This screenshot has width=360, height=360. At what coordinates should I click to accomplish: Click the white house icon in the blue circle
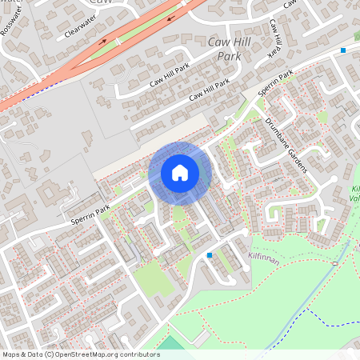[179, 173]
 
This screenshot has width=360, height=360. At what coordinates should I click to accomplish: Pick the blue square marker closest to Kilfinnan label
[210, 255]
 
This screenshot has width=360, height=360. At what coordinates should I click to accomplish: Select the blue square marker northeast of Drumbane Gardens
[343, 50]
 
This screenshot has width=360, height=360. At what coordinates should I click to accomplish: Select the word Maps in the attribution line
[12, 354]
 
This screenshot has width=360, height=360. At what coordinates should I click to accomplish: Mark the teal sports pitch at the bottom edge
[170, 343]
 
